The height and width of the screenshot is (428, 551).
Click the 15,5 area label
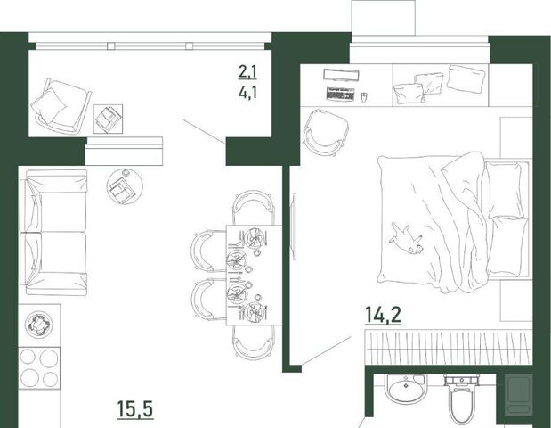point(135,410)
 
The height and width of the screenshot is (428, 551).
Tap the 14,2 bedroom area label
point(383,315)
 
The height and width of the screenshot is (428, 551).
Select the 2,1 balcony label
point(247,72)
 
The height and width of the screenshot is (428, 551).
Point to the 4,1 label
point(247,93)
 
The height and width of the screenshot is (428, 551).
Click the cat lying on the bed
point(406,239)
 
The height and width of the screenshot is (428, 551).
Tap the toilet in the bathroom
point(462,399)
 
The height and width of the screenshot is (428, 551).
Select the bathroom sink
point(406,389)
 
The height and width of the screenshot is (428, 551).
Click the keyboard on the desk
point(340,94)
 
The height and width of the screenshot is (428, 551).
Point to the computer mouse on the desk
point(364,96)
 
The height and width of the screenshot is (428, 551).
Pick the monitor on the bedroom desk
point(341,75)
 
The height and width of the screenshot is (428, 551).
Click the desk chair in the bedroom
point(326,132)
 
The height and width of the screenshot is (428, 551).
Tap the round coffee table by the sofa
point(125,186)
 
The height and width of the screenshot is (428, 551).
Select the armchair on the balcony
point(61,105)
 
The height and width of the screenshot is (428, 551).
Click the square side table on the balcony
point(109,119)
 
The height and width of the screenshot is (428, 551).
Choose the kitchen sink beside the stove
point(39,325)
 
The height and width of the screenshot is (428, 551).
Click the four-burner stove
point(39,368)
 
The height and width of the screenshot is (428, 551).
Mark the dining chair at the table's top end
point(254,208)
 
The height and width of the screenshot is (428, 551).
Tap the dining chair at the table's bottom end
point(254,342)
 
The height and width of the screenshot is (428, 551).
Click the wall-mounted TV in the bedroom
point(293,226)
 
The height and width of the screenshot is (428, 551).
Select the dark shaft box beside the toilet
point(519,393)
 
